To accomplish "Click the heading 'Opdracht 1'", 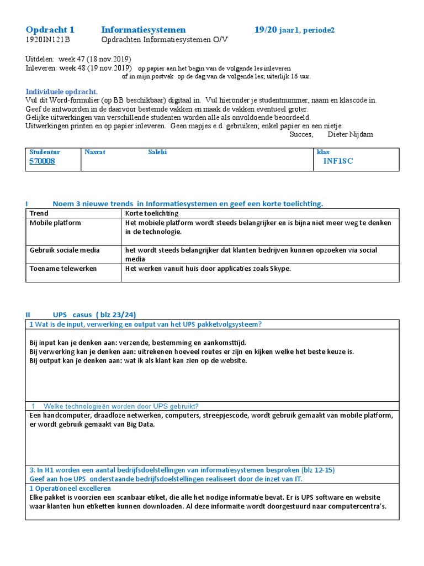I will click(x=50, y=29).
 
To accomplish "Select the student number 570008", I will click(x=42, y=161).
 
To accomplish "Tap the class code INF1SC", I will click(x=338, y=161).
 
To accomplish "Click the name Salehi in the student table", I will click(x=157, y=152).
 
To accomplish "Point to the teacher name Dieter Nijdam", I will click(x=351, y=134).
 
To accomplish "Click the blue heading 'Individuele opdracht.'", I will click(x=62, y=92).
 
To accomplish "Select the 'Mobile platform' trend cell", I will click(x=55, y=223).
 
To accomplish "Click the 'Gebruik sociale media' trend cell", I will click(x=65, y=250).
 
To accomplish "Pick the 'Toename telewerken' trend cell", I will click(x=63, y=269).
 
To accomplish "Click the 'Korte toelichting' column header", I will click(x=152, y=213).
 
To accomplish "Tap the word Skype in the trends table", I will click(x=279, y=269).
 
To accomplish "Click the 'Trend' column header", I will click(x=39, y=213).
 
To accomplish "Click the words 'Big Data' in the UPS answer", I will click(x=141, y=424).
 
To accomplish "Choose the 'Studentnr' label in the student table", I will click(x=45, y=152).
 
